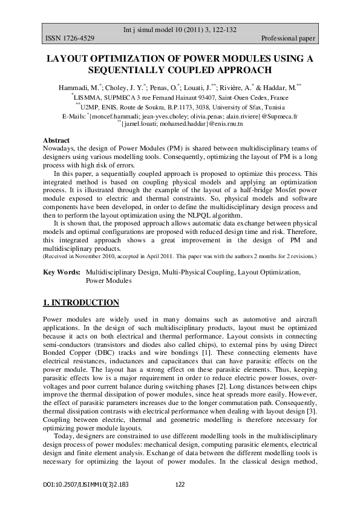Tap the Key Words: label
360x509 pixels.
pos(62,273)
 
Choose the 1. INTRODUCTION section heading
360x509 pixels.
pos(82,302)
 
